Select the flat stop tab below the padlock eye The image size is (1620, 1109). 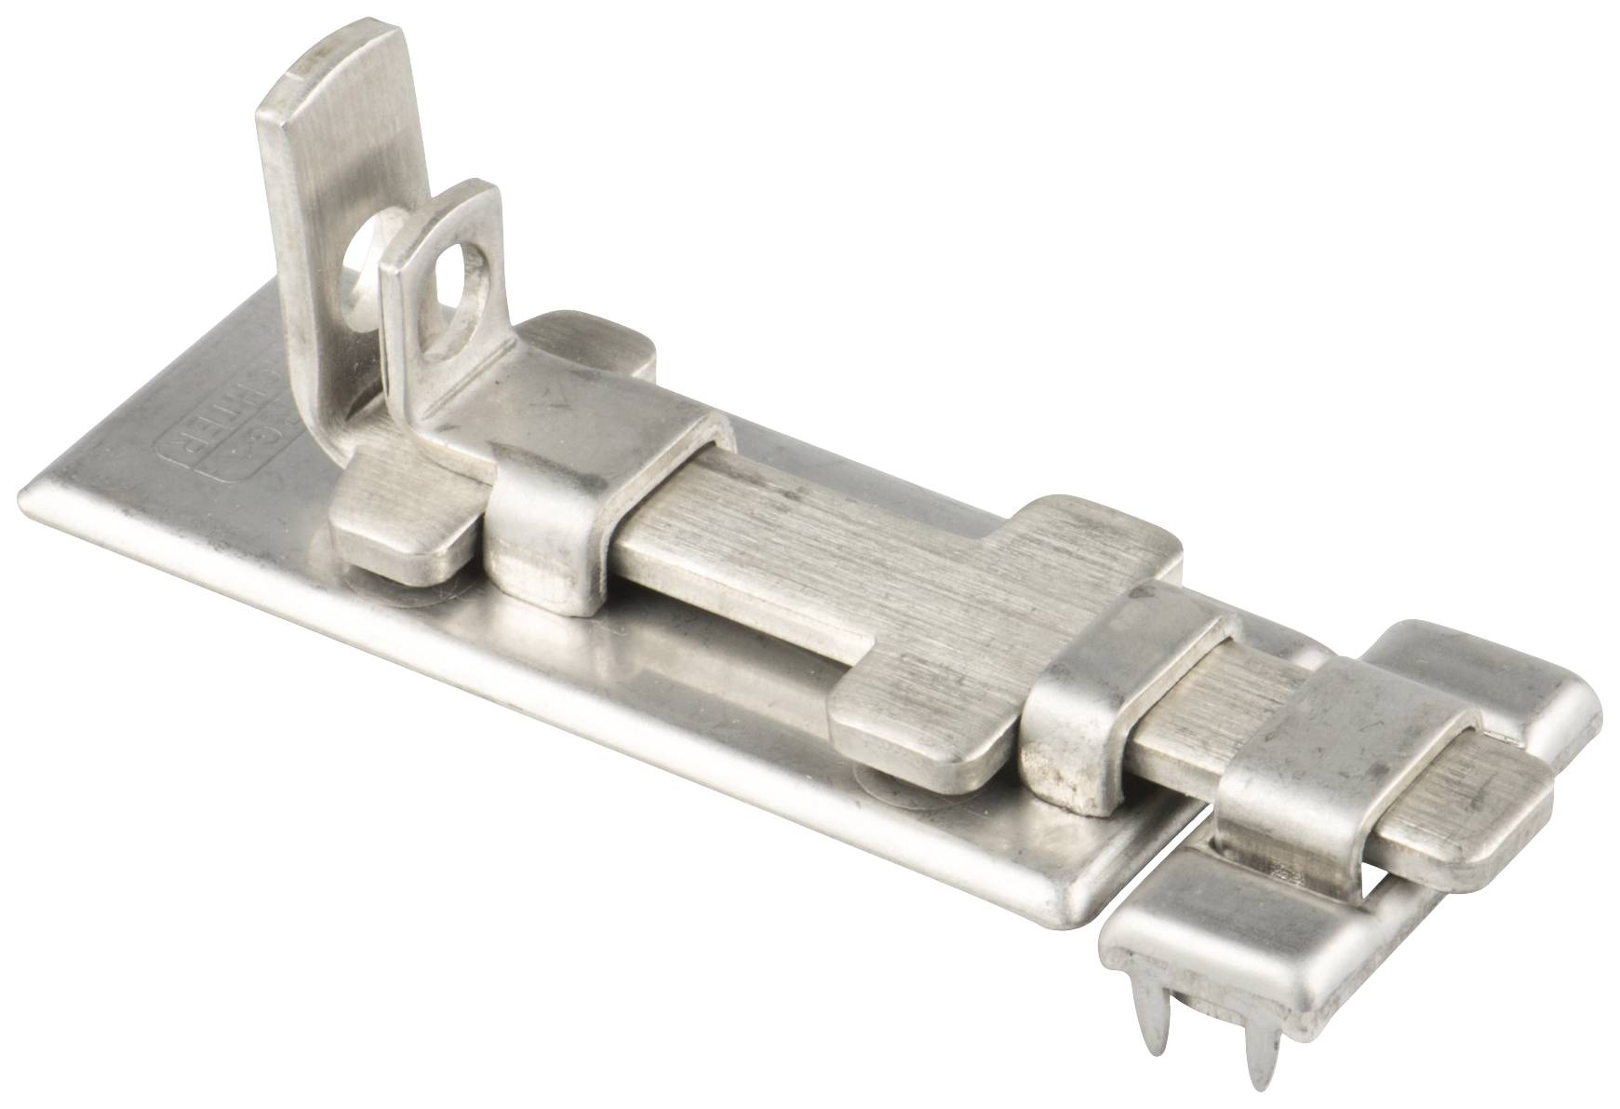pos(400,521)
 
